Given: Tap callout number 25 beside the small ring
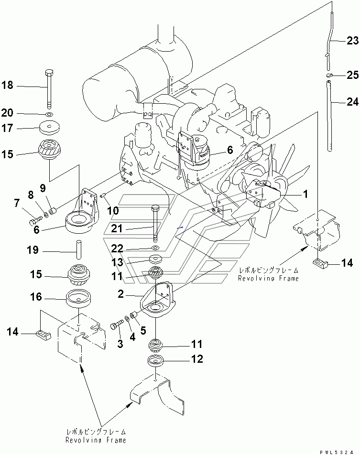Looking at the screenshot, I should tap(352, 76).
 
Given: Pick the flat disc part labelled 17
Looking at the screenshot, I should tap(50, 128).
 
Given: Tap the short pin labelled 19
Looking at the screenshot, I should tap(76, 250).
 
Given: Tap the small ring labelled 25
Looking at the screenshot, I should tap(330, 76).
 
